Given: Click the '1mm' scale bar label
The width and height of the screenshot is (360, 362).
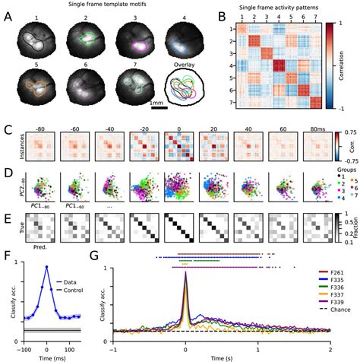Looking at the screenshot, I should coord(158,102).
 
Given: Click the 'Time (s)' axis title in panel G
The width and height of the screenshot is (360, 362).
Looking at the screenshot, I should coord(221,356).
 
